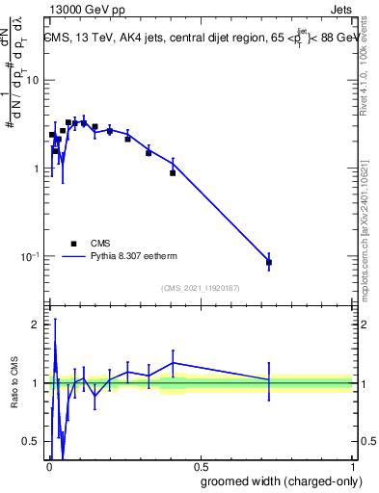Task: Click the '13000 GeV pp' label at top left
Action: pyautogui.click(x=84, y=9)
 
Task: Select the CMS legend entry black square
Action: pyautogui.click(x=73, y=244)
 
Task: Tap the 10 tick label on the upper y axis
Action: pyautogui.click(x=34, y=80)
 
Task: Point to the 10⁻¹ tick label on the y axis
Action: pyautogui.click(x=31, y=257)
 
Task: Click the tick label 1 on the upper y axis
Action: pyautogui.click(x=38, y=169)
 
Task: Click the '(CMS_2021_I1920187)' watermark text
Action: pyautogui.click(x=200, y=288)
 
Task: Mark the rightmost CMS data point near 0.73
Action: pyautogui.click(x=269, y=262)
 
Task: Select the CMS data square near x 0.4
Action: pyautogui.click(x=173, y=172)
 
